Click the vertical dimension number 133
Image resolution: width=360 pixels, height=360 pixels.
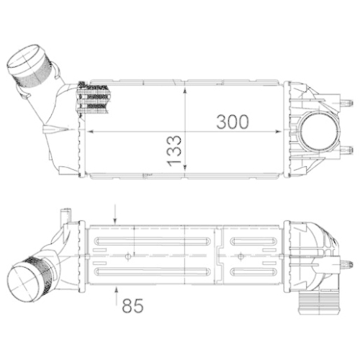(x=174, y=150)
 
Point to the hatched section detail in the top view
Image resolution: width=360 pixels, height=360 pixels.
(x=96, y=98)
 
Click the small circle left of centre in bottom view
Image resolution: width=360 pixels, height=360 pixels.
(x=127, y=254)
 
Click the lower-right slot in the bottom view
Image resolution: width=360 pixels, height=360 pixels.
(x=255, y=271)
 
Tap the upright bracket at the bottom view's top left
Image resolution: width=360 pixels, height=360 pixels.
(x=65, y=215)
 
